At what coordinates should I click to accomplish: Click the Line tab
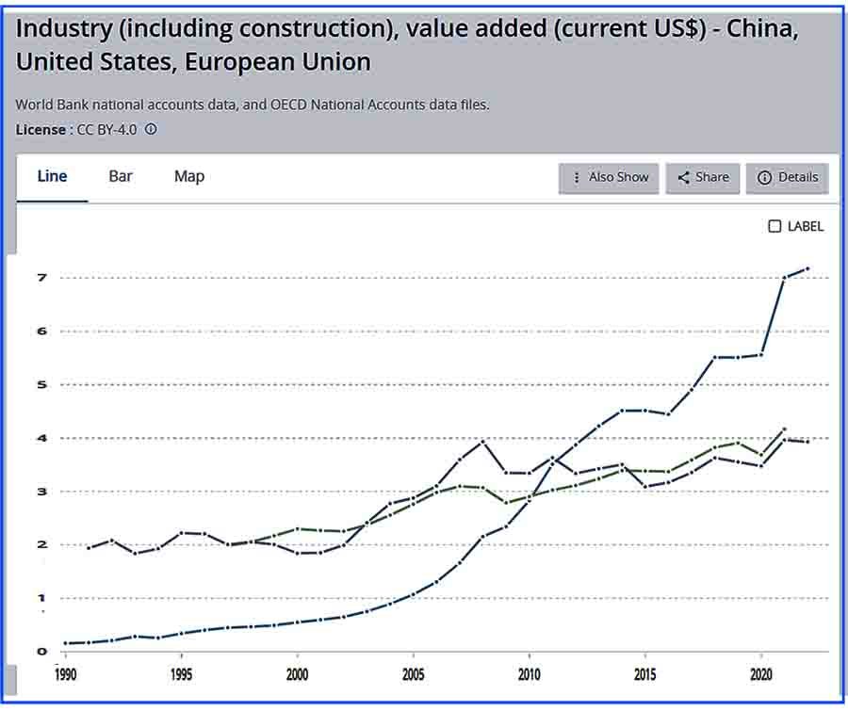click(52, 176)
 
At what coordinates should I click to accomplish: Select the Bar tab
click(121, 176)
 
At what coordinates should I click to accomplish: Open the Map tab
click(189, 176)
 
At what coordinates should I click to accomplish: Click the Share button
click(703, 177)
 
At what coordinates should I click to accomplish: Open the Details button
click(788, 177)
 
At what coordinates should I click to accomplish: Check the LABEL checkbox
click(775, 226)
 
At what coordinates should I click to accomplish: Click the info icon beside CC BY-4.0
click(151, 129)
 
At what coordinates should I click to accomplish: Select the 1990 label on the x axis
click(66, 674)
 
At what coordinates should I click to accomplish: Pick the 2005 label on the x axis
click(414, 674)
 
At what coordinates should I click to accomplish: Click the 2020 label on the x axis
click(762, 674)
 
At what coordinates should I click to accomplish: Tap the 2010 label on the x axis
click(530, 674)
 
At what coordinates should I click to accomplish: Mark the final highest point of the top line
click(807, 269)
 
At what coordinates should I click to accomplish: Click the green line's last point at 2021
click(785, 429)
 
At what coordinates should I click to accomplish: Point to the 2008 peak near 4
click(483, 441)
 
